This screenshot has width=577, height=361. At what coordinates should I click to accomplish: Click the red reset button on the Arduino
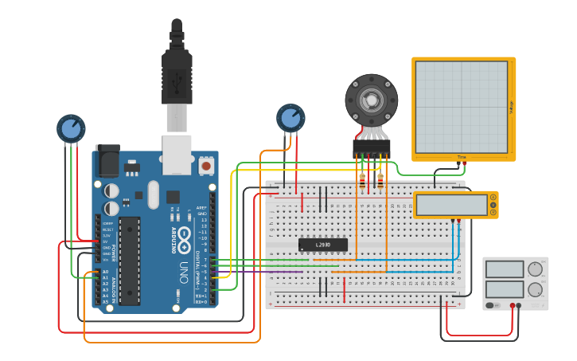pos(207,167)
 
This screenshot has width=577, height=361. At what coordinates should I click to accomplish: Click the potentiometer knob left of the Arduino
pos(71,128)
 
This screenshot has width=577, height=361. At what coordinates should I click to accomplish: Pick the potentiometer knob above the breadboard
pos(290,118)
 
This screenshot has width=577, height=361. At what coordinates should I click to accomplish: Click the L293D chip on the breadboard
pos(322,245)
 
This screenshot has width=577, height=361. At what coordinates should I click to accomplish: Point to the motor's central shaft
pos(371,100)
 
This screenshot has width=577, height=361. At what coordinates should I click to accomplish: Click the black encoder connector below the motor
pos(372,147)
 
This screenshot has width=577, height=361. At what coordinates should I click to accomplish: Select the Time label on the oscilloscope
pos(462,157)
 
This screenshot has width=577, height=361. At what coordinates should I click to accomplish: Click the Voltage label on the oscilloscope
pos(510,107)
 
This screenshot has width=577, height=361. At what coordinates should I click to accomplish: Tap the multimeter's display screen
pos(451,205)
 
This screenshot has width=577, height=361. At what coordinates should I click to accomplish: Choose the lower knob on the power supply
pos(534,289)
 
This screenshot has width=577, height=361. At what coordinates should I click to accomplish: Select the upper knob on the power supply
pos(534,269)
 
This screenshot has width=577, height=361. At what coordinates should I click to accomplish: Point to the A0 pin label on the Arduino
pos(105,273)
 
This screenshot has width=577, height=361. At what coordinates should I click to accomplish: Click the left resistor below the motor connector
pos(362,179)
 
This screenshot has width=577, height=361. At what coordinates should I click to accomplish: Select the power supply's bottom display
pos(503,288)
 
